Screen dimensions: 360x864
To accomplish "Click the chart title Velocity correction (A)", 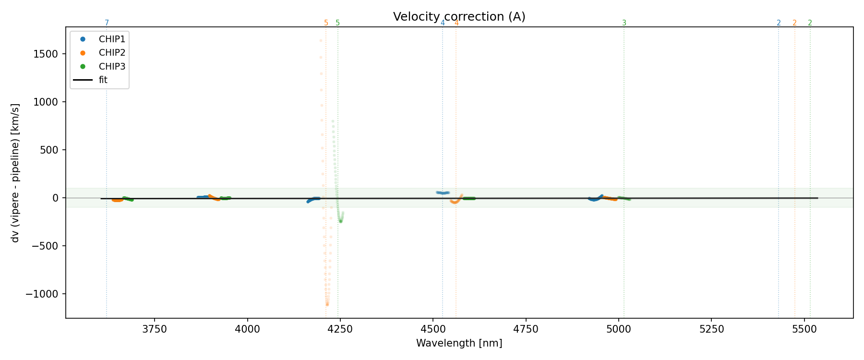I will tap(459, 17).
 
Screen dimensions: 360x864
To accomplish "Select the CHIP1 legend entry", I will tap(111, 39).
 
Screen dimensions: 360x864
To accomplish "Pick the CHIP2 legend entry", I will tap(111, 53).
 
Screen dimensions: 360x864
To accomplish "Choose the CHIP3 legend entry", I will tap(111, 66).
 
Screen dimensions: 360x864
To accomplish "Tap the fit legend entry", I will tap(103, 80).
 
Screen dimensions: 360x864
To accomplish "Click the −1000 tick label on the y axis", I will tap(46, 294).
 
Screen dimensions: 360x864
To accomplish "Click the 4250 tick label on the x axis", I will tap(340, 329).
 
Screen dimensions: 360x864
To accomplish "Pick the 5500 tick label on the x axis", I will tap(804, 329).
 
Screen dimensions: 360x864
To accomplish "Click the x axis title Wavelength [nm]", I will tap(459, 343).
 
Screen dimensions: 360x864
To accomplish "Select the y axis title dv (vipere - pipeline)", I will tap(15, 173).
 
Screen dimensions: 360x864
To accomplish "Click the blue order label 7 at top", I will tap(107, 23).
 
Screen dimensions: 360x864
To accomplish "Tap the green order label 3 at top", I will tap(624, 23).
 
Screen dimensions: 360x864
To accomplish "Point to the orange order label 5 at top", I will tap(326, 23).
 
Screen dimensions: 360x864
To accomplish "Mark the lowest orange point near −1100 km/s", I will tap(327, 304).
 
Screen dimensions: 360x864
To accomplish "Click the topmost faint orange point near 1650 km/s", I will tap(321, 41).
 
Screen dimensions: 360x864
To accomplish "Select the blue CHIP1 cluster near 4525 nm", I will tap(443, 192).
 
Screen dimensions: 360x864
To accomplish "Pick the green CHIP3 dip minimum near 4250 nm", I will tap(341, 221).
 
